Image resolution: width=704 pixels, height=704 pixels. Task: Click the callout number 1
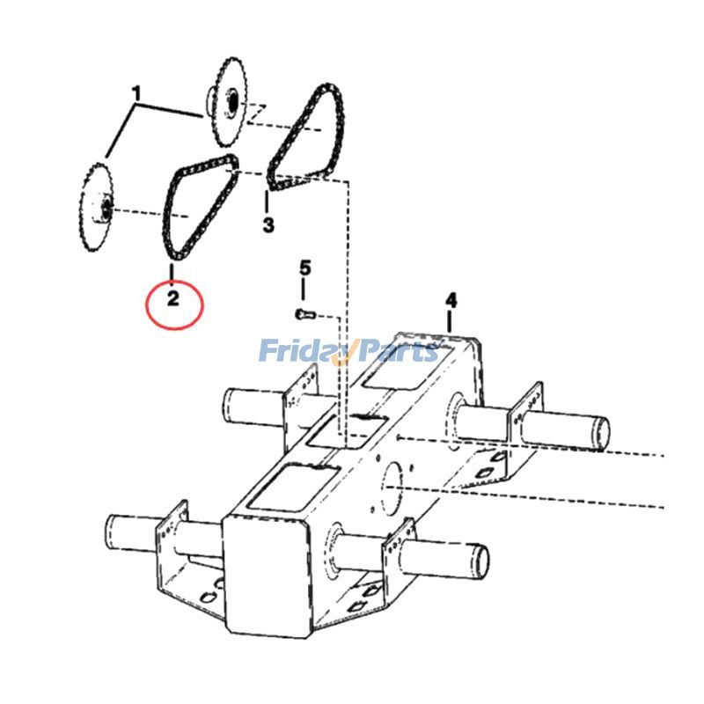(136, 92)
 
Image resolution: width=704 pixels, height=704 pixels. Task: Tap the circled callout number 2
(173, 298)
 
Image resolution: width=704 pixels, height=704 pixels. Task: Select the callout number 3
(268, 224)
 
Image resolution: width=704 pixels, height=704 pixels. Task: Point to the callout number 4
(451, 300)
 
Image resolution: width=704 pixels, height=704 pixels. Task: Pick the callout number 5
(304, 268)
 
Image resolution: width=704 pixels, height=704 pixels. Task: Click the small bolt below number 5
(303, 313)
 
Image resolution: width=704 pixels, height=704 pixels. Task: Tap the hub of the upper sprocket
(231, 102)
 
